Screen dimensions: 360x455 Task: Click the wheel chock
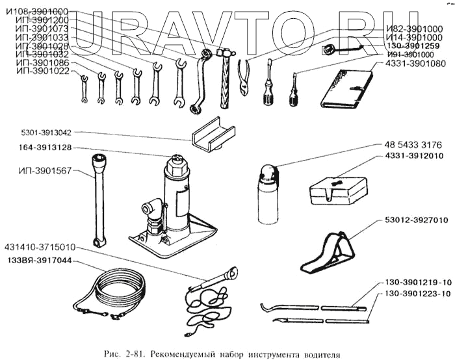(x=329, y=253)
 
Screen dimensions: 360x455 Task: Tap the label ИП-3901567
(x=40, y=172)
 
